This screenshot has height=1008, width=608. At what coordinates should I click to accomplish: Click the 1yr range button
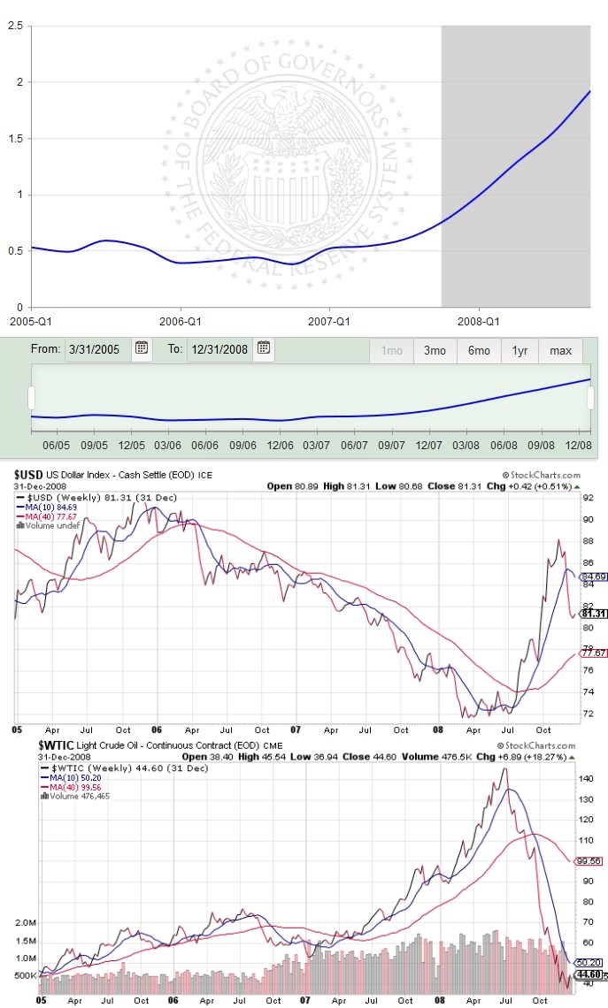[519, 350]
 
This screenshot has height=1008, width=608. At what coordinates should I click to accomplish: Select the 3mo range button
[435, 350]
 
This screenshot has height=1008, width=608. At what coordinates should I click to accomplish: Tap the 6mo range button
[479, 350]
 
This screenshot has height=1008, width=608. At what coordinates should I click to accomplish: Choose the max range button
[560, 350]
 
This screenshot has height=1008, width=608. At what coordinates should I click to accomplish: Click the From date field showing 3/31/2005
[97, 348]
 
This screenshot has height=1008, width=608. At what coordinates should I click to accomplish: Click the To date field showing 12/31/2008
[219, 348]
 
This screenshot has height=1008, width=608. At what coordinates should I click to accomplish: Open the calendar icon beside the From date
[142, 348]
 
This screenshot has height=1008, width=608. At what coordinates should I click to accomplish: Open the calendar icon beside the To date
[263, 348]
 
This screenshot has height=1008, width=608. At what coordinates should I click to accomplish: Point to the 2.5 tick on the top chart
[15, 26]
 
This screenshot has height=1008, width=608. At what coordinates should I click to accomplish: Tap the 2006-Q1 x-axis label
[181, 322]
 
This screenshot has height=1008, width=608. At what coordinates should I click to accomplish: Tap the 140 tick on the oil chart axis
[587, 779]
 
